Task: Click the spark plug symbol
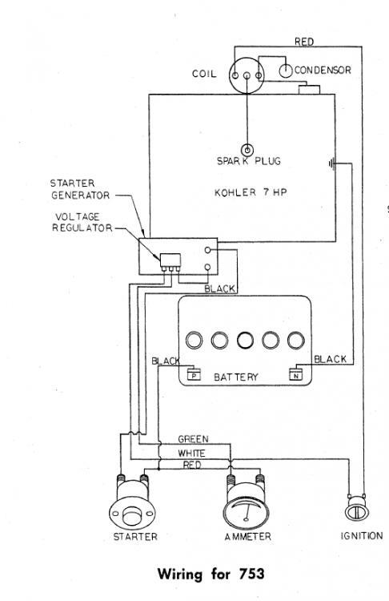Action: tap(248, 149)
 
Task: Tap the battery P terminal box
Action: tap(193, 373)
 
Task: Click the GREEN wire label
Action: tap(193, 439)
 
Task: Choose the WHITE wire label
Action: tap(191, 452)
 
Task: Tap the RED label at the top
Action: tap(303, 42)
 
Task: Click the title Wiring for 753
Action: tap(211, 574)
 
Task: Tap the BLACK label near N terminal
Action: tap(330, 360)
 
